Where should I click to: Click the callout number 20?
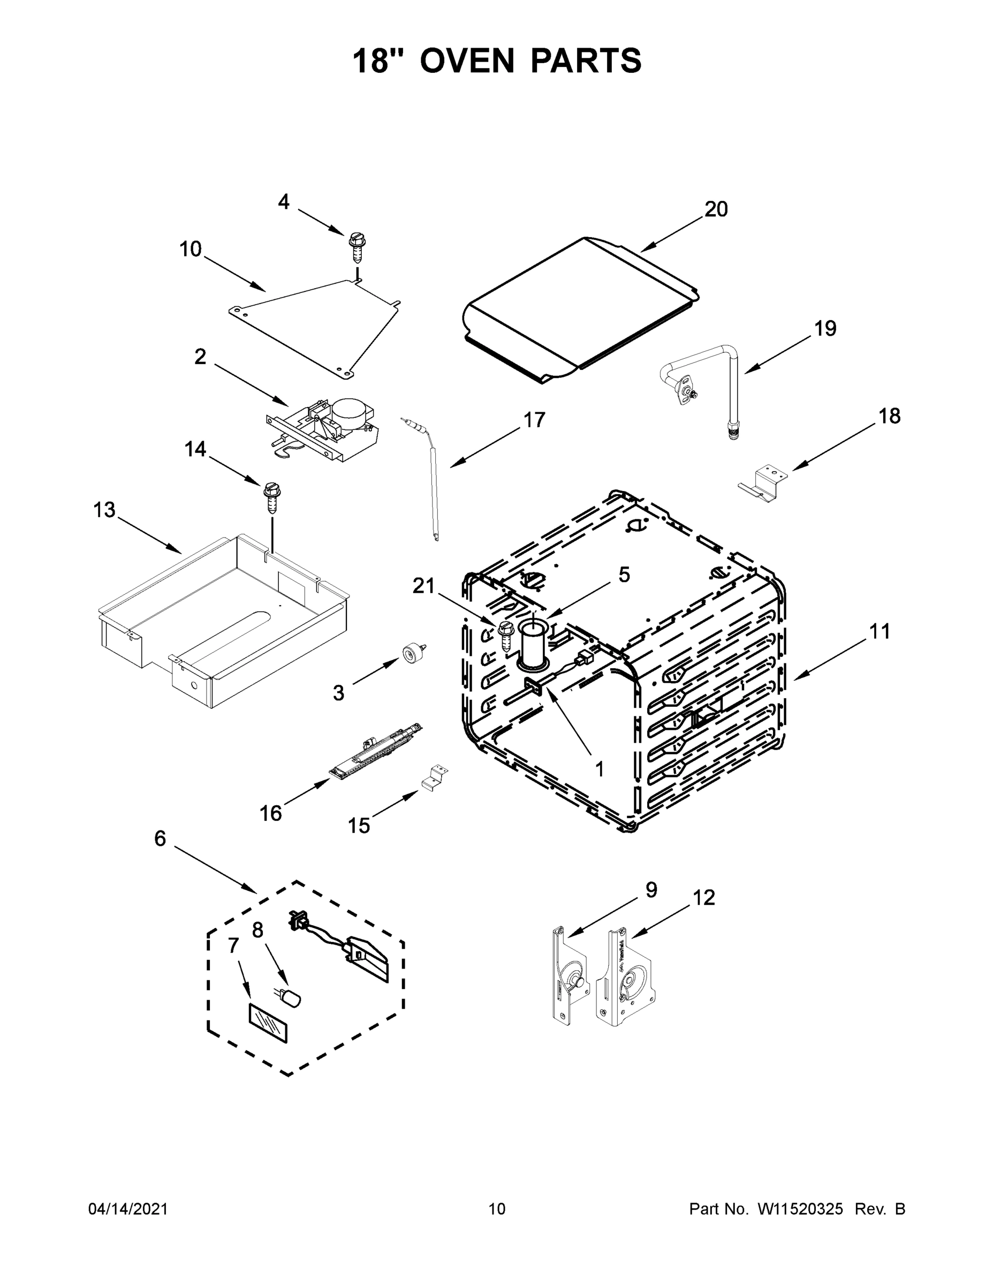point(716,209)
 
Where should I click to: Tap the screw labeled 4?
point(355,247)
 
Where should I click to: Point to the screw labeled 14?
point(271,495)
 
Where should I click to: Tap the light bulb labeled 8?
point(291,997)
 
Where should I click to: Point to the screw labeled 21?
point(505,634)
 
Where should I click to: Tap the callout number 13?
point(104,510)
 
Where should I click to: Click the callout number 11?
point(880,631)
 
